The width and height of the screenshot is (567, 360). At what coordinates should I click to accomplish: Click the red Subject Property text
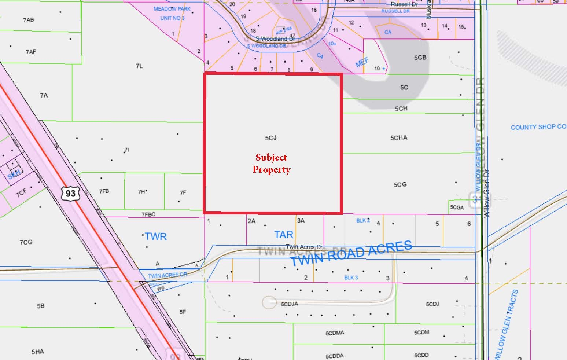[271, 164]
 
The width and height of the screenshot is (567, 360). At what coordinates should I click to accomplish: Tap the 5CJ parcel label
[270, 138]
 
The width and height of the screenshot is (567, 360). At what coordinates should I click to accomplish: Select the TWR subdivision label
[156, 236]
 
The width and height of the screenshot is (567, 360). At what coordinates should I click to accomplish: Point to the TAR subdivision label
[284, 235]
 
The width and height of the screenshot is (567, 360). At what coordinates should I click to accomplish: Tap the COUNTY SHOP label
[538, 127]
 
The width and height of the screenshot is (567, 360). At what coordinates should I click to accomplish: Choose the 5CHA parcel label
[399, 138]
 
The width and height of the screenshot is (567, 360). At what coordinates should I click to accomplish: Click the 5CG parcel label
[400, 184]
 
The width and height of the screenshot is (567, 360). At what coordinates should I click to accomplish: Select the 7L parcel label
[139, 66]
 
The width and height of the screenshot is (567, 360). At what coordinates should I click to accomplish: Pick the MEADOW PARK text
[169, 9]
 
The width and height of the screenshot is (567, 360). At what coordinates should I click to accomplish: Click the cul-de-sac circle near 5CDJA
[269, 302]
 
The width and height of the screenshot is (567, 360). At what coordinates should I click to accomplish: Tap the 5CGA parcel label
[457, 207]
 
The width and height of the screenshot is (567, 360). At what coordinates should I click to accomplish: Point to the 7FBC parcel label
[148, 214]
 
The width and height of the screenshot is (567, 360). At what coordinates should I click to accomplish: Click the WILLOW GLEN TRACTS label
[507, 324]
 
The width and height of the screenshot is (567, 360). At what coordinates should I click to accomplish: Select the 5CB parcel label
[420, 58]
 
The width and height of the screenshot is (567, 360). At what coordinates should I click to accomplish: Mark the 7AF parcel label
[31, 52]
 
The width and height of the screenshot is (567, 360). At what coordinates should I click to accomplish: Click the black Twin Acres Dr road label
[304, 247]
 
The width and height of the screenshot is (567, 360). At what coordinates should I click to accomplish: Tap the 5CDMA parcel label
[335, 333]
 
